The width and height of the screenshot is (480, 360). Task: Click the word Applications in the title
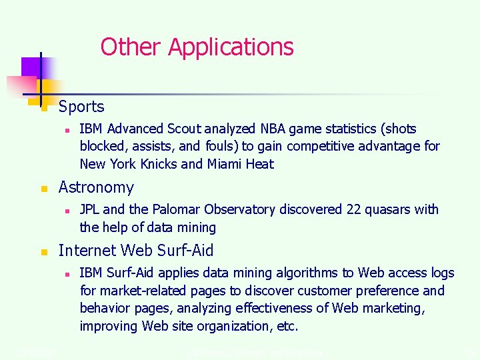(231, 47)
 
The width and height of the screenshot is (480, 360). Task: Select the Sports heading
(81, 107)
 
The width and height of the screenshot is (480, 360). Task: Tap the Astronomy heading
(96, 187)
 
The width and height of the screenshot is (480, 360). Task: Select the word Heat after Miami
(261, 164)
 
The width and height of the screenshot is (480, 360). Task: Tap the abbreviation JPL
(90, 209)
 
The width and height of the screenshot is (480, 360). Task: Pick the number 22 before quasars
(354, 209)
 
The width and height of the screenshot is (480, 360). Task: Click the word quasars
(388, 209)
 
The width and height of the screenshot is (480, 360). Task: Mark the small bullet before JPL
(67, 210)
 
